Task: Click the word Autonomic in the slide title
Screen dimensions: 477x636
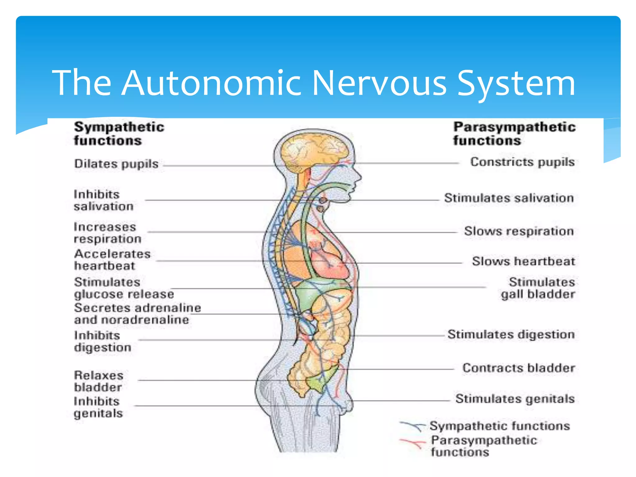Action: click(211, 83)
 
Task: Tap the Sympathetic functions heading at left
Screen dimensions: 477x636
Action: click(119, 134)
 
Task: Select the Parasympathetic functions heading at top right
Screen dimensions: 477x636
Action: click(514, 134)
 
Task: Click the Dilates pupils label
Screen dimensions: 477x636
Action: click(116, 164)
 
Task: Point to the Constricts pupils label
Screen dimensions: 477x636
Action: click(522, 162)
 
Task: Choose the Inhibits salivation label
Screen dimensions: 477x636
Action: click(103, 200)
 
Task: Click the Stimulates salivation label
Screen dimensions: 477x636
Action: click(509, 198)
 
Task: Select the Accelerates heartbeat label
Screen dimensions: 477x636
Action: click(112, 260)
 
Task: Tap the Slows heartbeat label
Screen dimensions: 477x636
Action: click(523, 261)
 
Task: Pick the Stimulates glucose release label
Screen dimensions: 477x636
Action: click(124, 288)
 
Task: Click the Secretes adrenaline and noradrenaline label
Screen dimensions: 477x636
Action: click(137, 314)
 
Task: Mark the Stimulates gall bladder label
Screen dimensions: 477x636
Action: click(538, 288)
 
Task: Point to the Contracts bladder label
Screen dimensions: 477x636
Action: click(519, 368)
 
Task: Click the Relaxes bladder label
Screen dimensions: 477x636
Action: click(98, 381)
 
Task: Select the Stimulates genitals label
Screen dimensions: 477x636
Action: click(515, 398)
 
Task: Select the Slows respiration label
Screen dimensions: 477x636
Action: click(519, 231)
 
